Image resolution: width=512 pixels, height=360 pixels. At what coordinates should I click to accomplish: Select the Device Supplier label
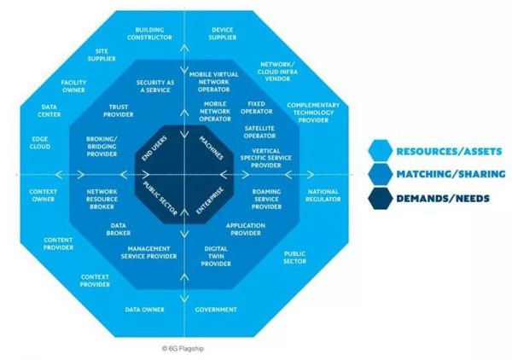(x=222, y=35)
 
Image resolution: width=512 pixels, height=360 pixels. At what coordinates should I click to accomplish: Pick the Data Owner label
(x=145, y=309)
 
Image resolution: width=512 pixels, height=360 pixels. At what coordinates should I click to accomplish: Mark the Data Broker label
(x=118, y=228)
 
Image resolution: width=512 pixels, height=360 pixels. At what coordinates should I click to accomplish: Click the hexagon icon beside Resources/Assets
(x=380, y=150)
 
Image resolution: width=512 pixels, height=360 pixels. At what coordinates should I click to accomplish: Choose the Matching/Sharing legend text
(x=450, y=174)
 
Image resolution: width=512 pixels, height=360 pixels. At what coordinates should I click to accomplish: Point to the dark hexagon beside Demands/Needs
(x=380, y=198)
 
